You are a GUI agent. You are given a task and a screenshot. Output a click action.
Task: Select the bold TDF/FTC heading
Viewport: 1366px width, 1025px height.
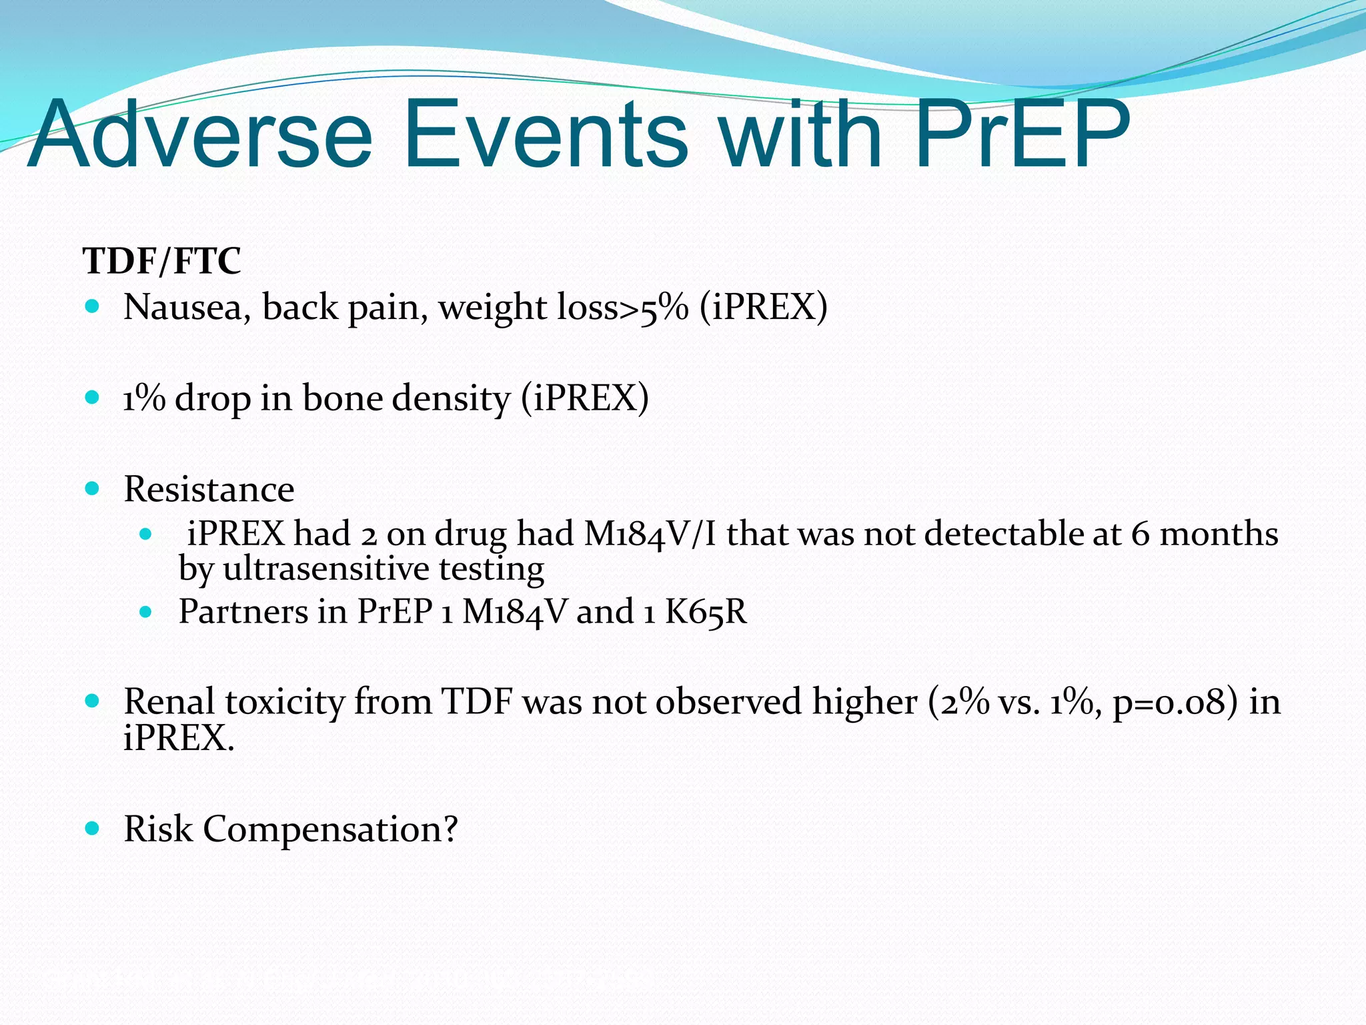click(x=161, y=260)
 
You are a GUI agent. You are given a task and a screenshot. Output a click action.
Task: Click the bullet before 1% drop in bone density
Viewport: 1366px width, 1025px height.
click(x=93, y=398)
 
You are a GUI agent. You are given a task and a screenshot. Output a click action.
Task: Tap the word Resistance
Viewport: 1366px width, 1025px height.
click(x=209, y=489)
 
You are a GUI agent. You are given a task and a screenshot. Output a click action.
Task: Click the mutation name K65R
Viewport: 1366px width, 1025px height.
click(x=706, y=611)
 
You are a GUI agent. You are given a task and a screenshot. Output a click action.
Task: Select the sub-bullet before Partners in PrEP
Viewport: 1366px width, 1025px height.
click(x=146, y=612)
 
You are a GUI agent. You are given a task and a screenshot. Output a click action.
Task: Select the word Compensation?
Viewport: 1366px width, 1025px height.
click(x=330, y=829)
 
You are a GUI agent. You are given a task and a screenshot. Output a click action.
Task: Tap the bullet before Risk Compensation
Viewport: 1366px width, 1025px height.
click(x=93, y=829)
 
